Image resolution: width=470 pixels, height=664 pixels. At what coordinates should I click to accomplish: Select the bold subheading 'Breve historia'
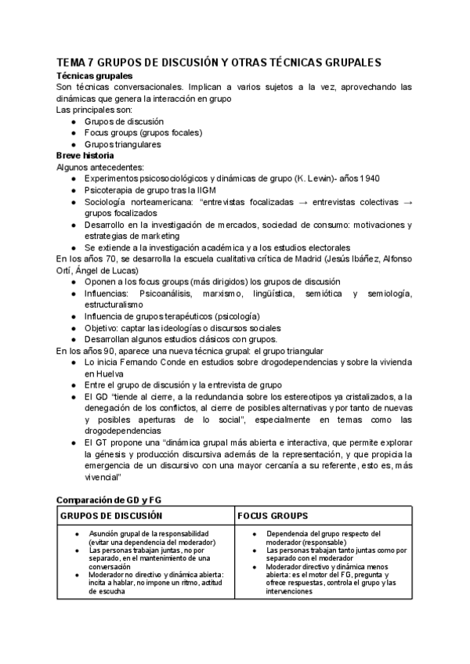point(83,156)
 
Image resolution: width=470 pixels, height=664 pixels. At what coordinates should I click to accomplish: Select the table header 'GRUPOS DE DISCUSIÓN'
point(112,516)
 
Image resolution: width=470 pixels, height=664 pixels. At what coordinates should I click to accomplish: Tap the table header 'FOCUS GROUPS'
point(274,516)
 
